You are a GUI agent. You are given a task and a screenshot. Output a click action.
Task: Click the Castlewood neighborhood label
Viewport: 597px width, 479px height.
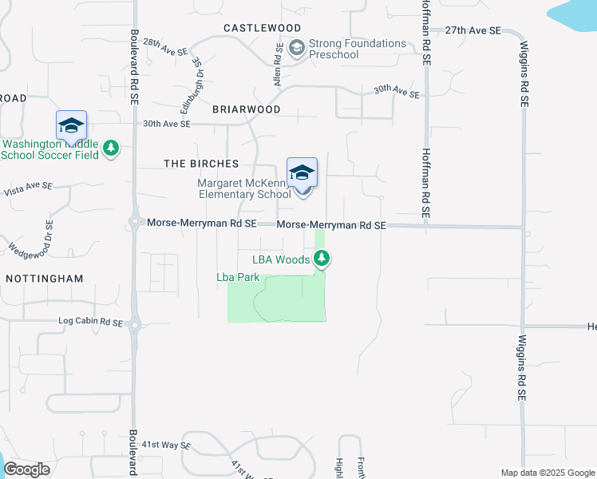262,28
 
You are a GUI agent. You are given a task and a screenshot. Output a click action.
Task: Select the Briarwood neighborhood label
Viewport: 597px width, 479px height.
247,109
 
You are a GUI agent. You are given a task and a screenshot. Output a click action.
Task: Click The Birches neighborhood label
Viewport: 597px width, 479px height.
201,164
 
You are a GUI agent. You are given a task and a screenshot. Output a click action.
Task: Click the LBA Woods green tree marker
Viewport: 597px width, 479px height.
322,258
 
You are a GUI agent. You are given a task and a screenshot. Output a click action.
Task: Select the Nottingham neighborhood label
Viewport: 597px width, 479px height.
44,279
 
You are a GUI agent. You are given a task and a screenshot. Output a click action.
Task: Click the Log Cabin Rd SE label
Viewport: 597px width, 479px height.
91,323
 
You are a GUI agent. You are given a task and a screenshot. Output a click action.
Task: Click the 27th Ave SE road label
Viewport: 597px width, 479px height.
472,30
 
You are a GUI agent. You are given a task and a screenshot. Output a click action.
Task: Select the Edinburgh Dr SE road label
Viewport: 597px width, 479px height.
196,80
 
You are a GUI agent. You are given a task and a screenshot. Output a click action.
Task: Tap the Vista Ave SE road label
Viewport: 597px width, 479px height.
28,188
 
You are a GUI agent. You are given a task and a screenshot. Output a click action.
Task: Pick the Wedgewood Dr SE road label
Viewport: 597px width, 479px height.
29,238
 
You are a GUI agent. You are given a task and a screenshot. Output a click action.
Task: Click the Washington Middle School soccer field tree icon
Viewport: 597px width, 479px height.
112,148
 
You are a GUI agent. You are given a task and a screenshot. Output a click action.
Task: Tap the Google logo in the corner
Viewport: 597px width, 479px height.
26,469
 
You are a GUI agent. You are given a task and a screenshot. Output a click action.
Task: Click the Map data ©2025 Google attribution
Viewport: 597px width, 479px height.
547,473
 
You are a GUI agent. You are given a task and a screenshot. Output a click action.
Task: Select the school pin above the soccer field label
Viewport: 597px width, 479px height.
70,126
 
